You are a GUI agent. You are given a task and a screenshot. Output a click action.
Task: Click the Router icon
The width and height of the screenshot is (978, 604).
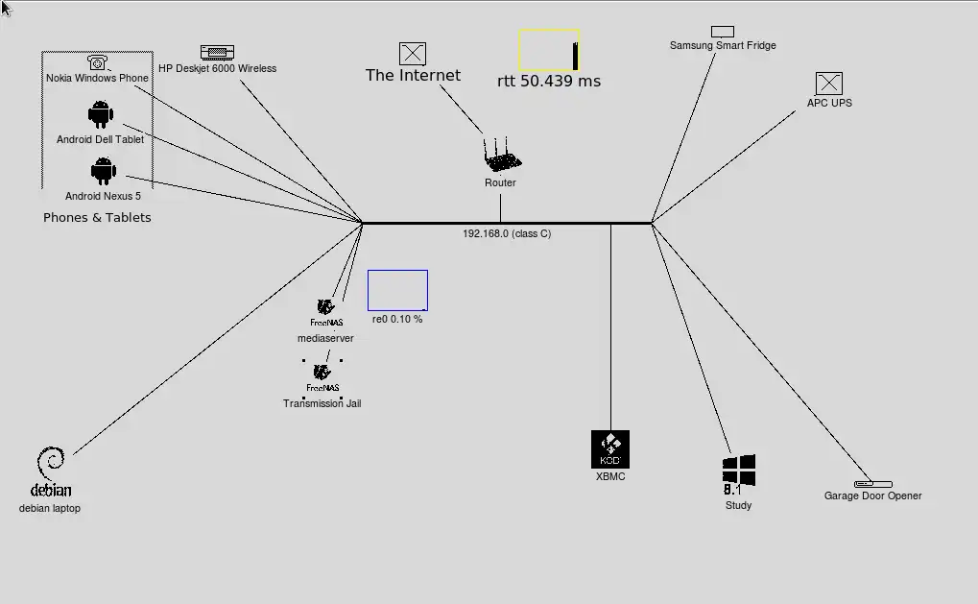(500, 156)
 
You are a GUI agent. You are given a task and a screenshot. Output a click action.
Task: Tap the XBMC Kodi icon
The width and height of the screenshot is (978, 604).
(610, 448)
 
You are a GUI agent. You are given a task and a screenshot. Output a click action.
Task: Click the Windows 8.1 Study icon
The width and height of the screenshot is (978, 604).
(738, 472)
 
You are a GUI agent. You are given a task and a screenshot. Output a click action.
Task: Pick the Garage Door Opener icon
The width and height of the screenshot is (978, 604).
(872, 484)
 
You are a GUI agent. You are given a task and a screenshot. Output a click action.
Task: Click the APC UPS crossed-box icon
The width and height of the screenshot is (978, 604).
(828, 84)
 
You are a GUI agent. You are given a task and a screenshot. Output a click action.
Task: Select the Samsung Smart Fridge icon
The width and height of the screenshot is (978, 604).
(722, 32)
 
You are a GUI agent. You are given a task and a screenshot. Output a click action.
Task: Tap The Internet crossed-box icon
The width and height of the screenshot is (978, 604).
(412, 54)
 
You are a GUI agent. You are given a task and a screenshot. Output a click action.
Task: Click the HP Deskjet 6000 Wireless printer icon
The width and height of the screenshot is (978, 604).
(217, 52)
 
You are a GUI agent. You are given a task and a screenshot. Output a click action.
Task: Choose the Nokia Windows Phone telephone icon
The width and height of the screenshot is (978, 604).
(97, 63)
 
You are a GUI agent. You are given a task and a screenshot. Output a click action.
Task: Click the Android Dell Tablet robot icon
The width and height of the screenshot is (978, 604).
(100, 115)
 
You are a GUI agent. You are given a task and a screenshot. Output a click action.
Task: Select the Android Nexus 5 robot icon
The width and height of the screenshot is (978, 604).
(103, 172)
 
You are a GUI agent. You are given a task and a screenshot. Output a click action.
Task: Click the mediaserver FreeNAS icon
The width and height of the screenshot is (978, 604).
(325, 308)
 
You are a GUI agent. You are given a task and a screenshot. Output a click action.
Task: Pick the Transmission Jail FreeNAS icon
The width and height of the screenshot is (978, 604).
(322, 373)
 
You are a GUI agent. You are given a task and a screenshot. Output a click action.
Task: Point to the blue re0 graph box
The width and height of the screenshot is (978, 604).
(397, 291)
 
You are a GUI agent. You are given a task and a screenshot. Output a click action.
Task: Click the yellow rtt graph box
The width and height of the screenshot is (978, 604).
(549, 50)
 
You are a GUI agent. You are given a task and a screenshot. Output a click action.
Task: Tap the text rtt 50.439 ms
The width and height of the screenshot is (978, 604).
(548, 82)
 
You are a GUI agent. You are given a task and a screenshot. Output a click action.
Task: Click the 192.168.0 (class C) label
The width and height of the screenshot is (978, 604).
(507, 233)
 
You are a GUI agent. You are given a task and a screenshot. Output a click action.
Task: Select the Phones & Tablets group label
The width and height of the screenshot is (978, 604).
(97, 218)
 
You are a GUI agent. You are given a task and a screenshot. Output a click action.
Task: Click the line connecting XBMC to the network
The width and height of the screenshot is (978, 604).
(610, 326)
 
